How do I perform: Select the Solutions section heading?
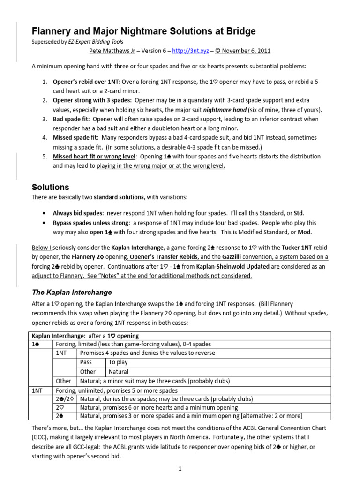pos(50,187)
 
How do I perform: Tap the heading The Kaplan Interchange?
pos(71,292)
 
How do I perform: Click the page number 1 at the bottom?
pos(180,468)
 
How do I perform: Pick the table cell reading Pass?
pos(86,362)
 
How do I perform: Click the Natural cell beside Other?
pos(119,372)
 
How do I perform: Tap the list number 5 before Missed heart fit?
pos(44,156)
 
